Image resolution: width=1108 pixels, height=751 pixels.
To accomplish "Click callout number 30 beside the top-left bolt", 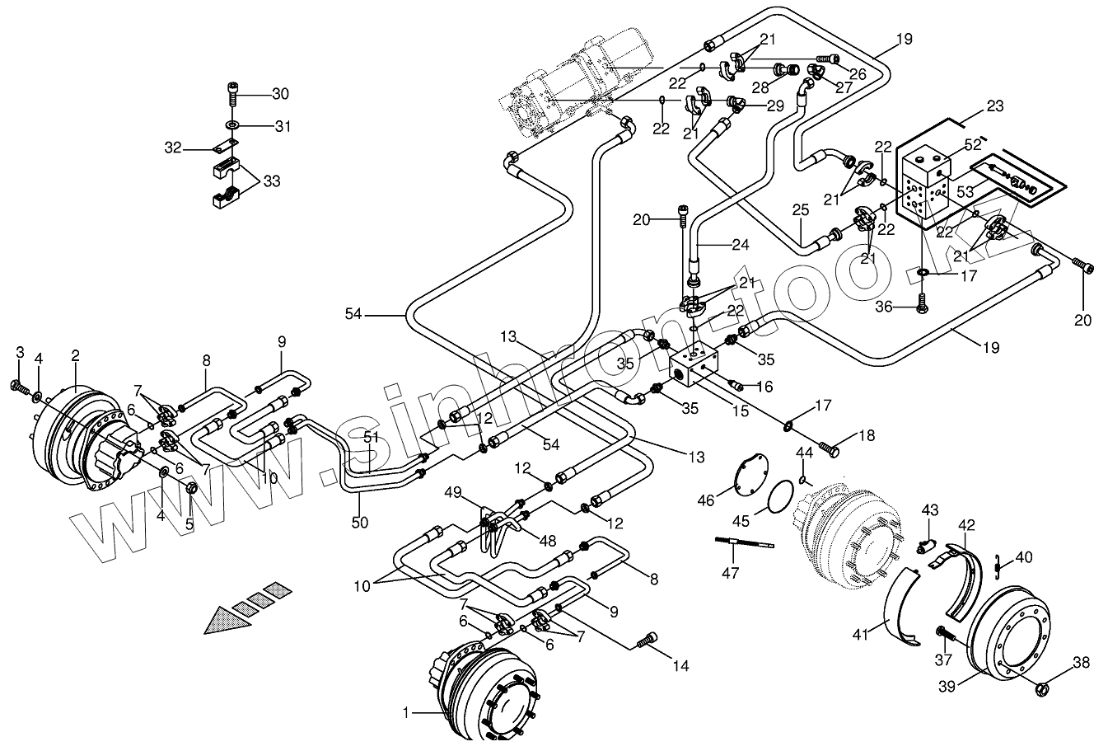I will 280,94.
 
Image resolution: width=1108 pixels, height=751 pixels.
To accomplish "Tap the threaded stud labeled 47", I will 746,542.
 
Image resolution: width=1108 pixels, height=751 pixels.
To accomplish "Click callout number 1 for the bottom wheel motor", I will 404,711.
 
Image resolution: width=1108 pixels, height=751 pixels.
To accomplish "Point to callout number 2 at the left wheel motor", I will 75,356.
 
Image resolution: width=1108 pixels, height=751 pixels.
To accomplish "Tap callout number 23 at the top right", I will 994,106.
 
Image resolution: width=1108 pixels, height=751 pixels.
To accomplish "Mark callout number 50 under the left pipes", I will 360,522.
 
